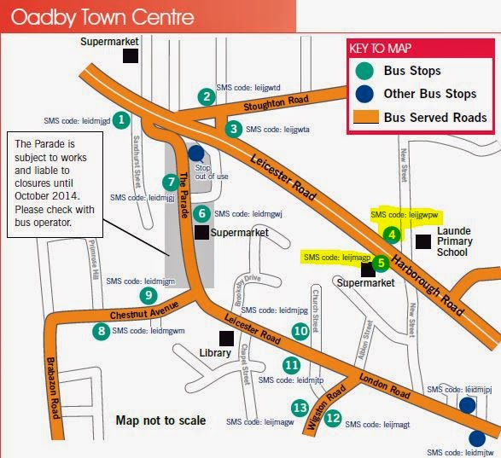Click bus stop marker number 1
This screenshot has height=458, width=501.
click(x=122, y=120)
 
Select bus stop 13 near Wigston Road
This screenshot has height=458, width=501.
click(x=300, y=409)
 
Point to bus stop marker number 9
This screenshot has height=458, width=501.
click(x=149, y=295)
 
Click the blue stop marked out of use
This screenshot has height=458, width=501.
click(x=196, y=154)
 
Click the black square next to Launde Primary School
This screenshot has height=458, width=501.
click(x=422, y=241)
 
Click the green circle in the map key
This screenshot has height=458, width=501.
click(x=364, y=72)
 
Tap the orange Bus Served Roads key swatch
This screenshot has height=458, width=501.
click(x=364, y=118)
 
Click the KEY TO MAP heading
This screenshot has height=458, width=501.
click(x=382, y=49)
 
